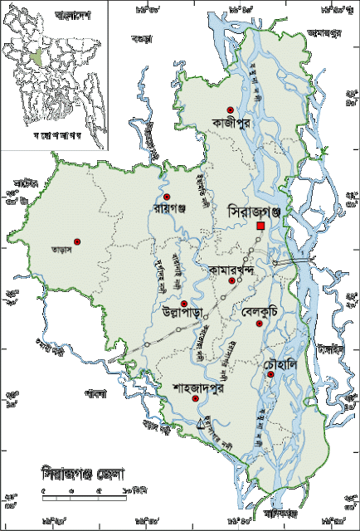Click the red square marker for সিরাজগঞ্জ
[x=260, y=226]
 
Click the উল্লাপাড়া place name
[x=185, y=313]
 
